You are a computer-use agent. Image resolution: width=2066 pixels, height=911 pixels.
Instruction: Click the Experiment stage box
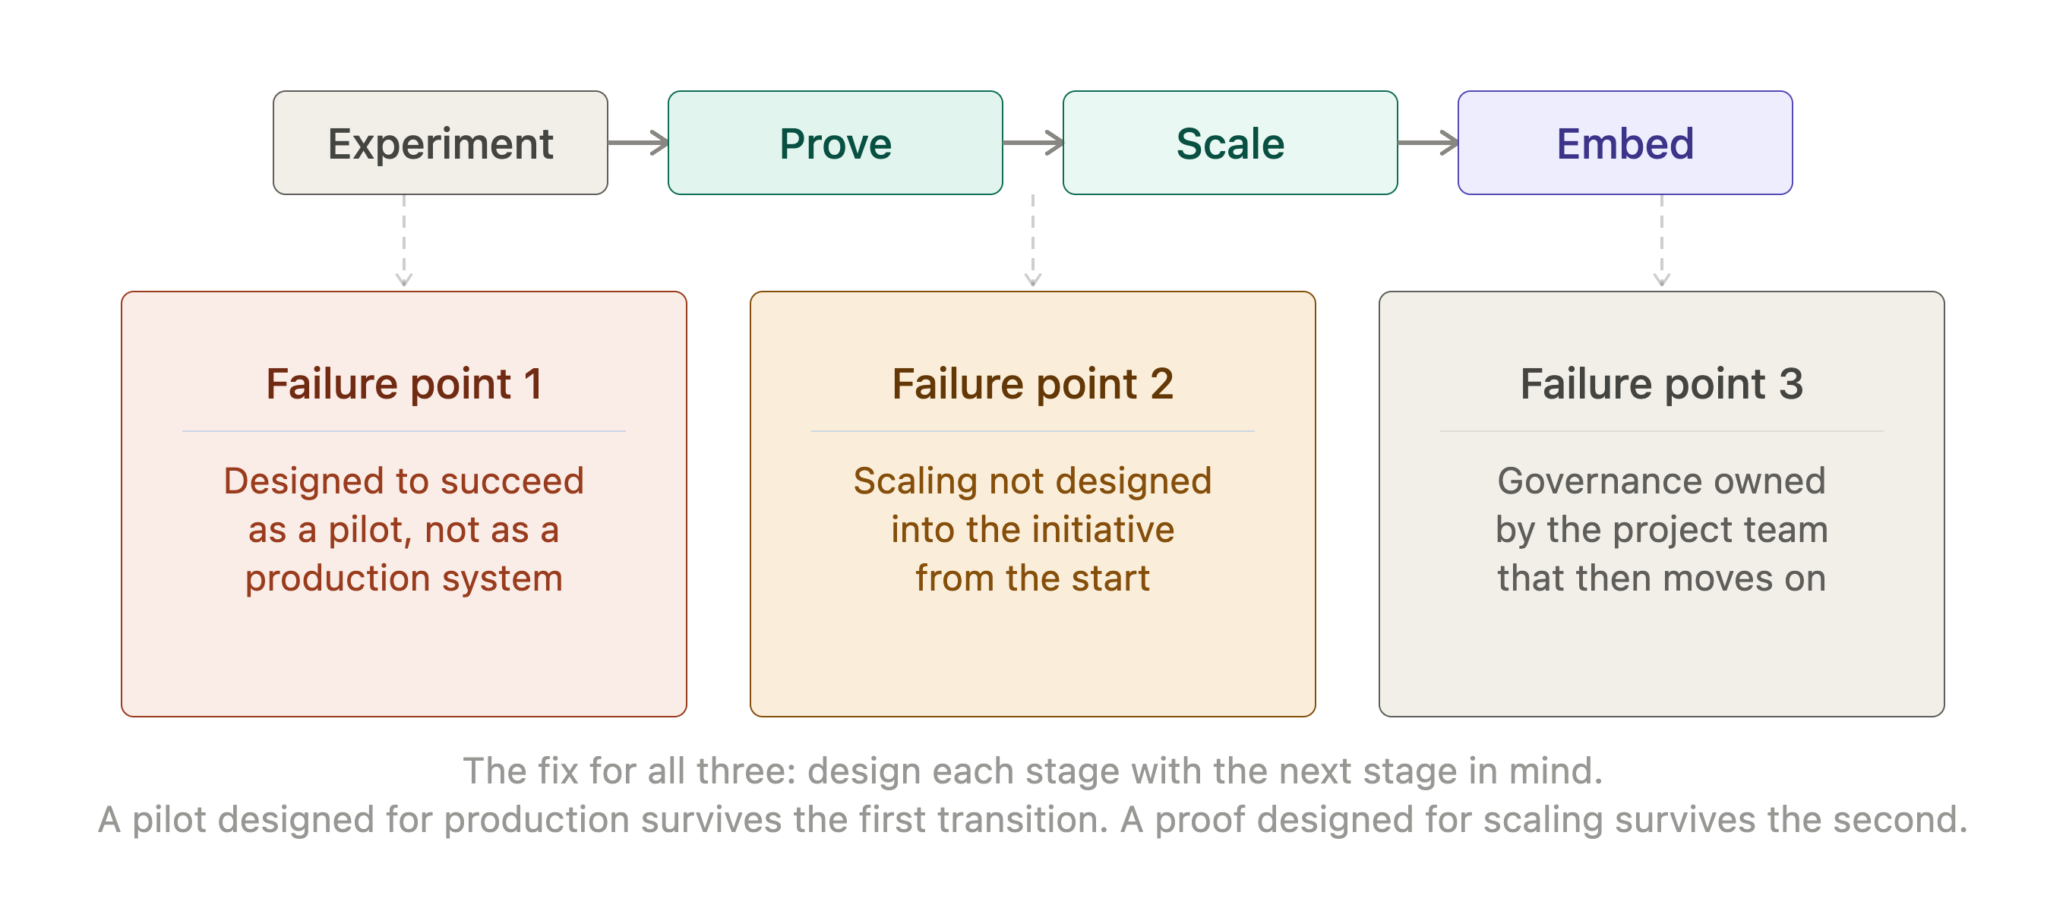click(441, 143)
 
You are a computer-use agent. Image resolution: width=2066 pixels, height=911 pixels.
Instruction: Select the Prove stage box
click(835, 143)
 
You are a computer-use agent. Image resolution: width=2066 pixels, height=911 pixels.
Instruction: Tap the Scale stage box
click(1230, 143)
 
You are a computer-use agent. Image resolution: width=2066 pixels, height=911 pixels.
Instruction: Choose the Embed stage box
click(1625, 143)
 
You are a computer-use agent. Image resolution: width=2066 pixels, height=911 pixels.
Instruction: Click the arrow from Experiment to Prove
click(638, 143)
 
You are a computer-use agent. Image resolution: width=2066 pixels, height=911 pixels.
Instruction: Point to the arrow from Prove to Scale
click(1033, 143)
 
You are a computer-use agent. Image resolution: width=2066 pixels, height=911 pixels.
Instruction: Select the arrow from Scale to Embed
click(1428, 143)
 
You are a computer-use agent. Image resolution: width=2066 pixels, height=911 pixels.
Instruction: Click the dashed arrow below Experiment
click(404, 241)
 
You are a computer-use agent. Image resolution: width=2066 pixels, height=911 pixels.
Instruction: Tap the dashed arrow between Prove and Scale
click(1033, 241)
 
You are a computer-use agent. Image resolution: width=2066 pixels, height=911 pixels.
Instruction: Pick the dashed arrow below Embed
click(1662, 241)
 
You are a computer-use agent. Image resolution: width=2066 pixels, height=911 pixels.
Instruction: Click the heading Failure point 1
click(404, 384)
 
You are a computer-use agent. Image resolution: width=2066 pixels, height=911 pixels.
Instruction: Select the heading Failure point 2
click(1033, 384)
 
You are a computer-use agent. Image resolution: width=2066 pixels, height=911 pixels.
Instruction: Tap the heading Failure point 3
click(1662, 384)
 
